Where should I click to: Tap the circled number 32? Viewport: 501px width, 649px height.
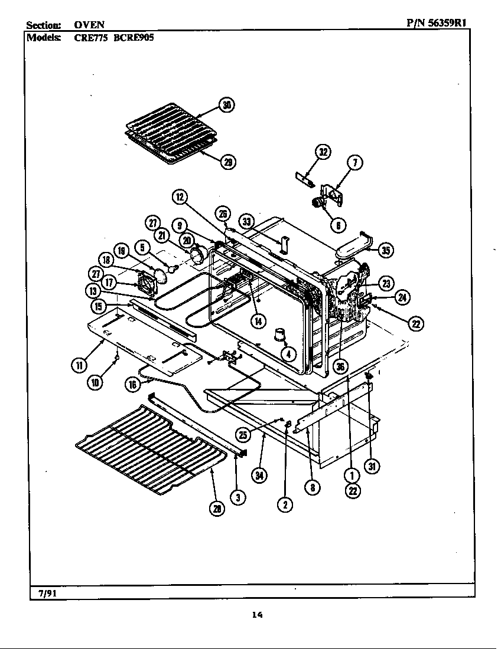(323, 152)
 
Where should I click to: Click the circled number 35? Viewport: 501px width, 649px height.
(386, 251)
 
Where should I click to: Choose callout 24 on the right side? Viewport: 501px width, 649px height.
(402, 297)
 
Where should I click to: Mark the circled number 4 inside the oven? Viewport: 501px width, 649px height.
(288, 354)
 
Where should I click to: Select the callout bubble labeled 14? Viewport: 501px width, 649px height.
(258, 320)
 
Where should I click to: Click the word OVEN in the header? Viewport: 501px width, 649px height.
(89, 24)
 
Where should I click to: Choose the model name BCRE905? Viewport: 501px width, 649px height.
(134, 37)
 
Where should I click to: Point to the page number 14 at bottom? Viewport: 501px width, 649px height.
(256, 615)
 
